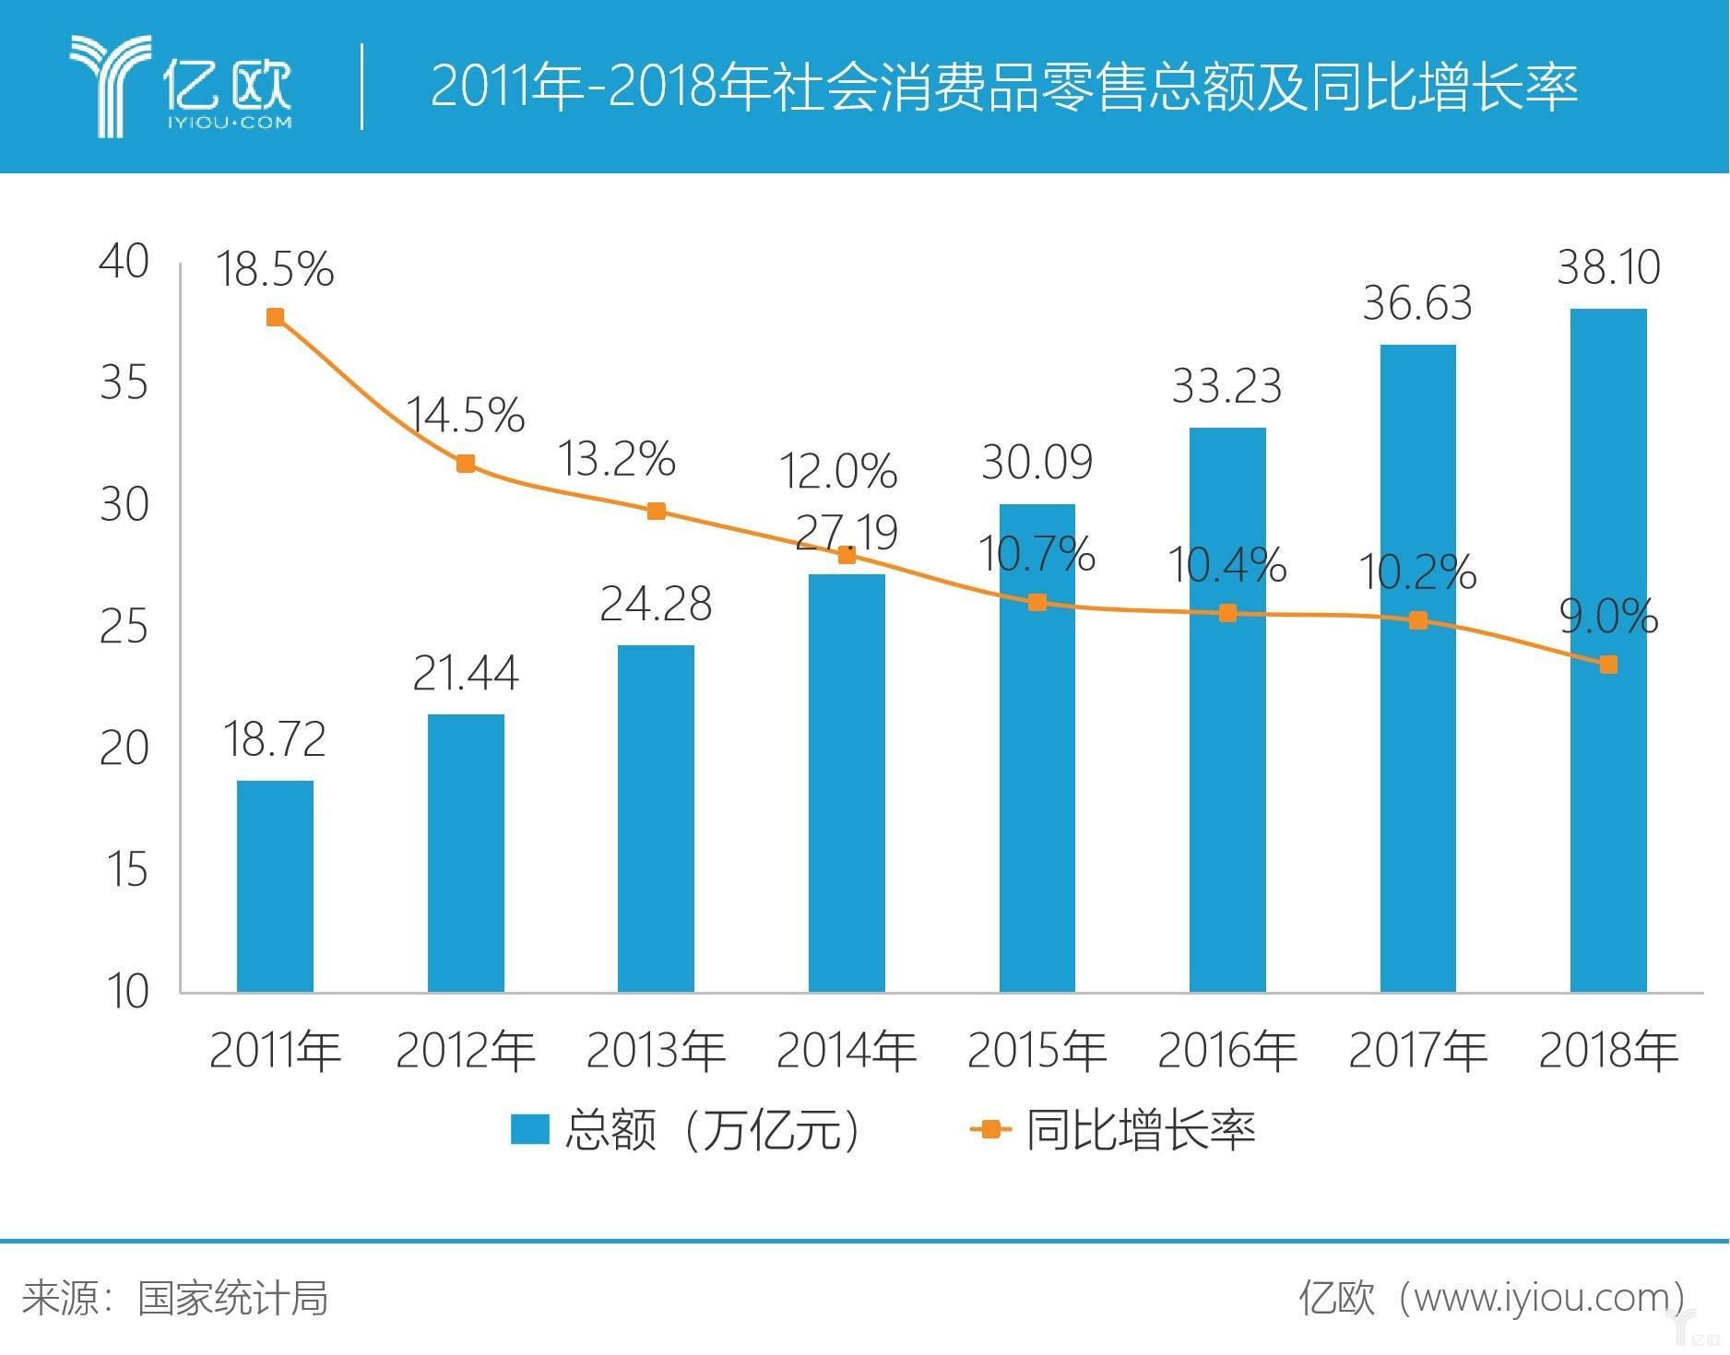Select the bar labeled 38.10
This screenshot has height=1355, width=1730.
pos(1607,650)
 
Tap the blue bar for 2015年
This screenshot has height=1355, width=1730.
pos(1037,747)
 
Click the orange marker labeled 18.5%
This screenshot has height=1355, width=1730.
pos(275,317)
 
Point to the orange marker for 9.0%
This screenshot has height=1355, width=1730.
pos(1607,665)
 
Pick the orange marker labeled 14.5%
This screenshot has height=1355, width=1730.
pos(466,464)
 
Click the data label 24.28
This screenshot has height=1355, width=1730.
pos(656,605)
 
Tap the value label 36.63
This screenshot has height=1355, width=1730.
pos(1417,303)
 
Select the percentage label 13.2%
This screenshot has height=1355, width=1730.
pos(617,458)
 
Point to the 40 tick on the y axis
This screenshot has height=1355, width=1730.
pos(124,262)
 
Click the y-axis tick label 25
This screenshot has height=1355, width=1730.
pos(124,627)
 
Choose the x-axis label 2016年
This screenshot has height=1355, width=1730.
pos(1227,1050)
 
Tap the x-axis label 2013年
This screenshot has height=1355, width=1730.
pos(656,1050)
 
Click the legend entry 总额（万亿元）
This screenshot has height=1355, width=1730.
pos(687,1129)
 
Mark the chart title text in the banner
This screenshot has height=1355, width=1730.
pos(1003,88)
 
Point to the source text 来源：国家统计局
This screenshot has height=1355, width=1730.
pos(175,1298)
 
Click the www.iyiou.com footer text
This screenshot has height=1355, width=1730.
pos(1494,1297)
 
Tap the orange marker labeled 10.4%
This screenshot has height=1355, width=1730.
pos(1227,613)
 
